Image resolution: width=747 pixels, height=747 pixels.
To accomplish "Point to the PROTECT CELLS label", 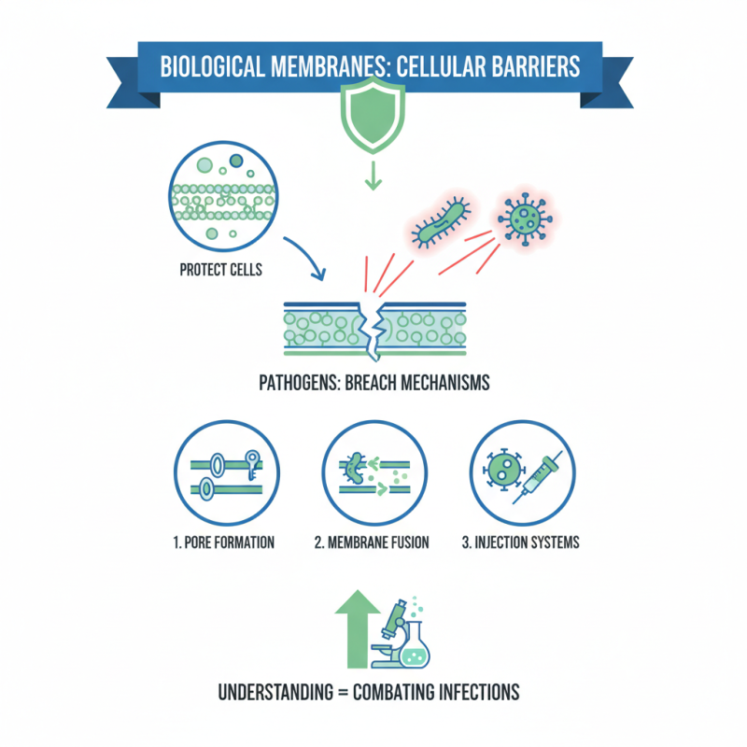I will coord(220,271).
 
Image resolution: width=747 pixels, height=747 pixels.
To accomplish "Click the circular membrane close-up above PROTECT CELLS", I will coord(220,194).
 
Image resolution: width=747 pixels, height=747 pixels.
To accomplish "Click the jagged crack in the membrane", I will coord(373,329).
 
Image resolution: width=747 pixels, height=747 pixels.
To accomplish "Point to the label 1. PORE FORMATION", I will coord(224,543).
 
